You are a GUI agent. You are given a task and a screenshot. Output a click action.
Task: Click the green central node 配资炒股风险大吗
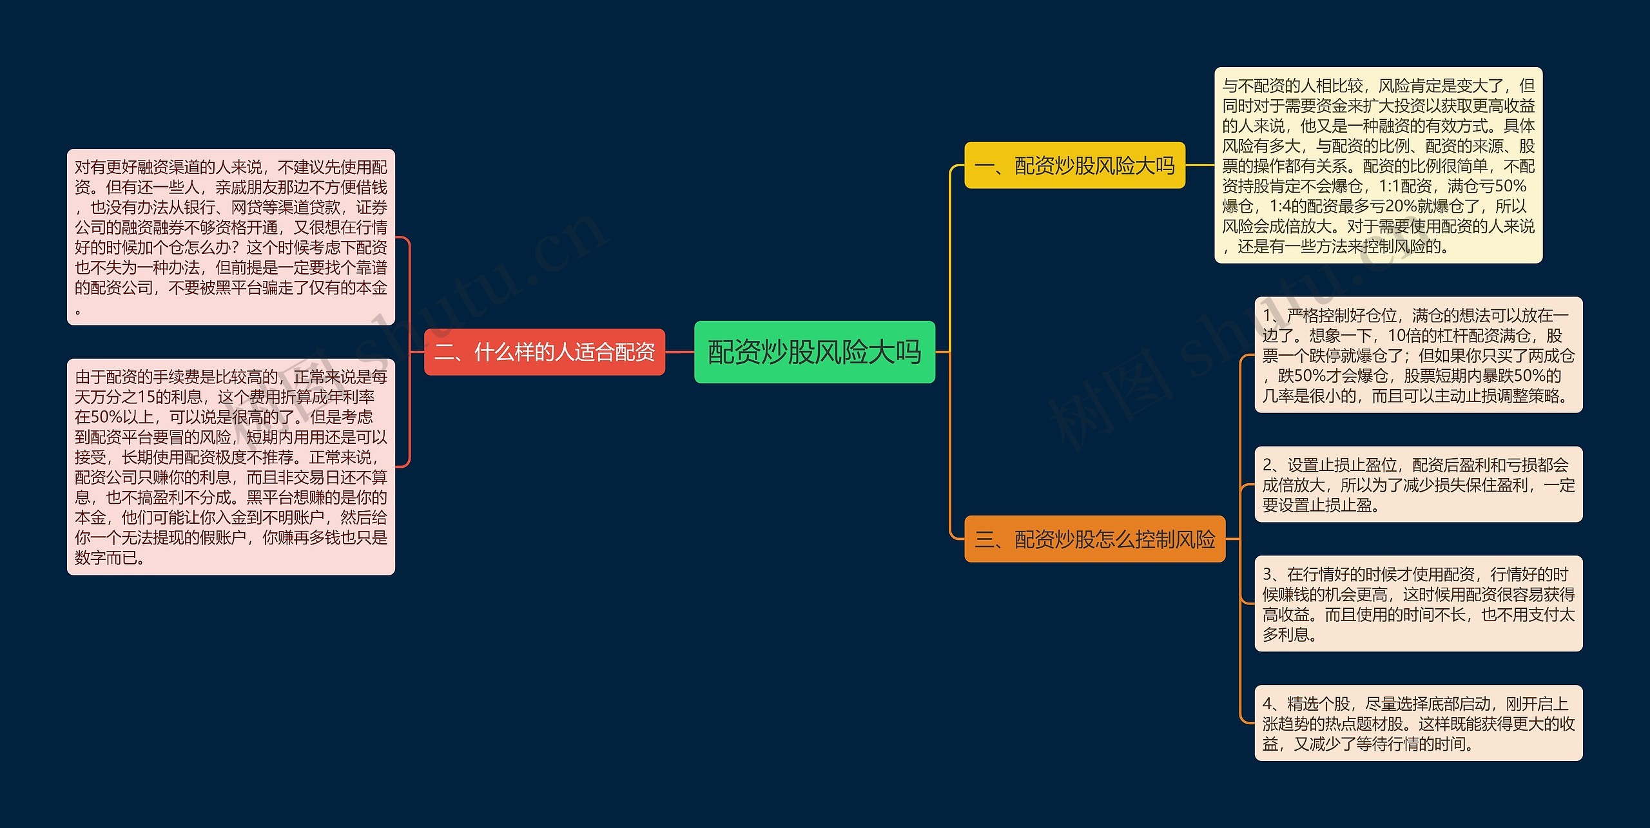pyautogui.click(x=814, y=352)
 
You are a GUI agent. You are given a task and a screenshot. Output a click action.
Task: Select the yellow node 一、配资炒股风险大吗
pyautogui.click(x=1074, y=166)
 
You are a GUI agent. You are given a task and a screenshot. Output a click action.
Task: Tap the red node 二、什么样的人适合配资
pyautogui.click(x=544, y=352)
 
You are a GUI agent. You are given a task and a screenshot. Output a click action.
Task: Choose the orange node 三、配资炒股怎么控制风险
pyautogui.click(x=1094, y=539)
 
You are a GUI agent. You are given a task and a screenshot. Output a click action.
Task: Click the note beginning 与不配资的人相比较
pyautogui.click(x=1378, y=165)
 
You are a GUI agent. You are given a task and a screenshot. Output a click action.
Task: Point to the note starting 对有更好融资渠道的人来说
pyautogui.click(x=231, y=237)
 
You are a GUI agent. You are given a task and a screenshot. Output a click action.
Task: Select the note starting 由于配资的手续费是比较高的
pyautogui.click(x=231, y=467)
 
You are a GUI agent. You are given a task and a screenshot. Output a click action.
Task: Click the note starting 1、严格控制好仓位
pyautogui.click(x=1418, y=355)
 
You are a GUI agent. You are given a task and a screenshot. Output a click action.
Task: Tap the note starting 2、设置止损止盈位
pyautogui.click(x=1418, y=485)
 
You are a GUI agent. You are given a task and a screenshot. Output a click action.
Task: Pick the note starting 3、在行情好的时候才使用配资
pyautogui.click(x=1418, y=604)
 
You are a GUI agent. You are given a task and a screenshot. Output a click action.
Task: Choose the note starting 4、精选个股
pyautogui.click(x=1418, y=723)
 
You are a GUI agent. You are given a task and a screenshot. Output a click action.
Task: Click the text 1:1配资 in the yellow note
pyautogui.click(x=1404, y=186)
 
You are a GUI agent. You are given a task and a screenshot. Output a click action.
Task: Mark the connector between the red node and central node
pyautogui.click(x=679, y=352)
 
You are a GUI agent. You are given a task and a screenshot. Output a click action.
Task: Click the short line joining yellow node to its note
pyautogui.click(x=1199, y=165)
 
